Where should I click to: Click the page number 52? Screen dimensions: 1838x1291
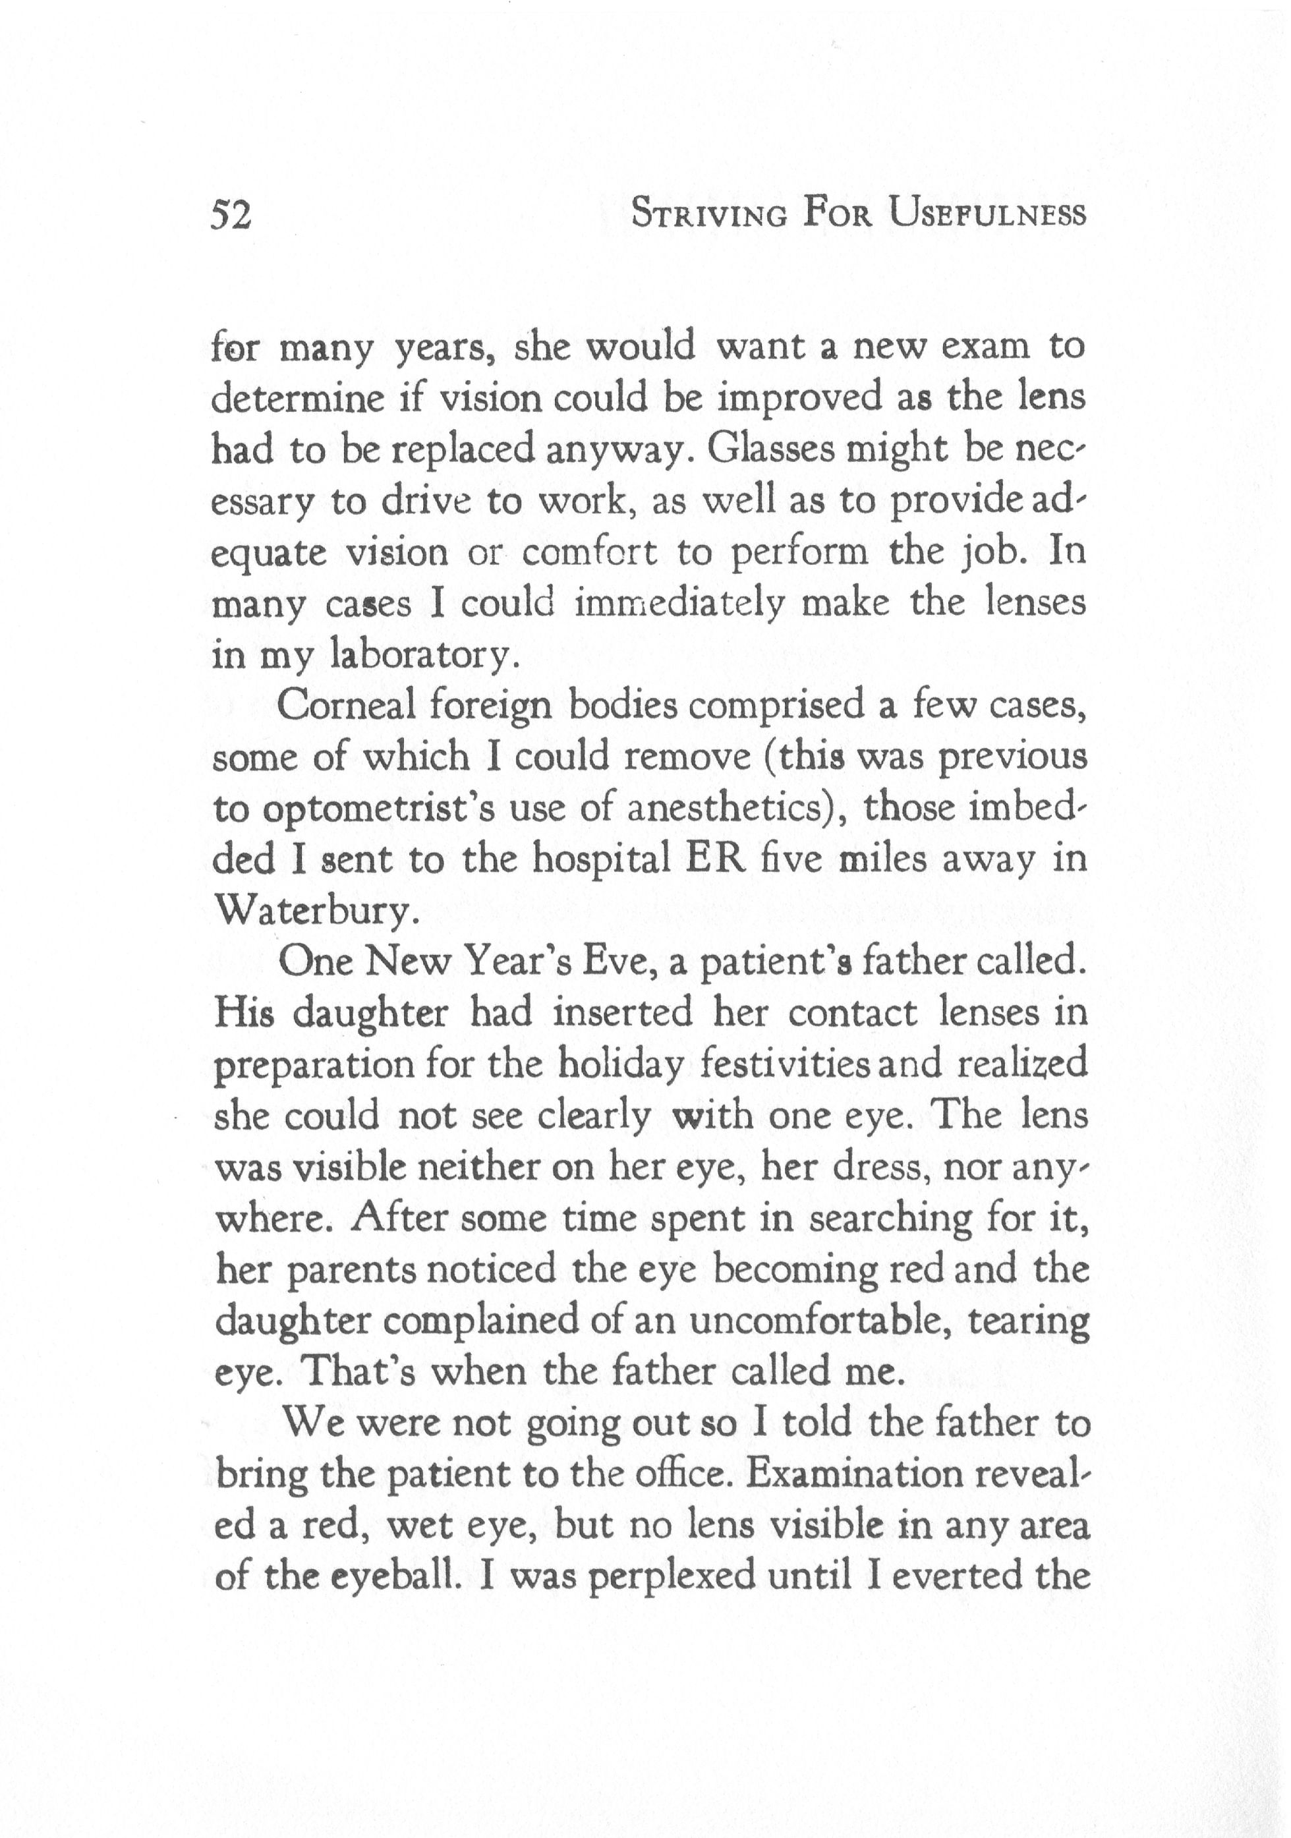[231, 215]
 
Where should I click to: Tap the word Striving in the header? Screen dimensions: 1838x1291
[709, 215]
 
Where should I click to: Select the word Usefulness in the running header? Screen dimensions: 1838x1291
[989, 215]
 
